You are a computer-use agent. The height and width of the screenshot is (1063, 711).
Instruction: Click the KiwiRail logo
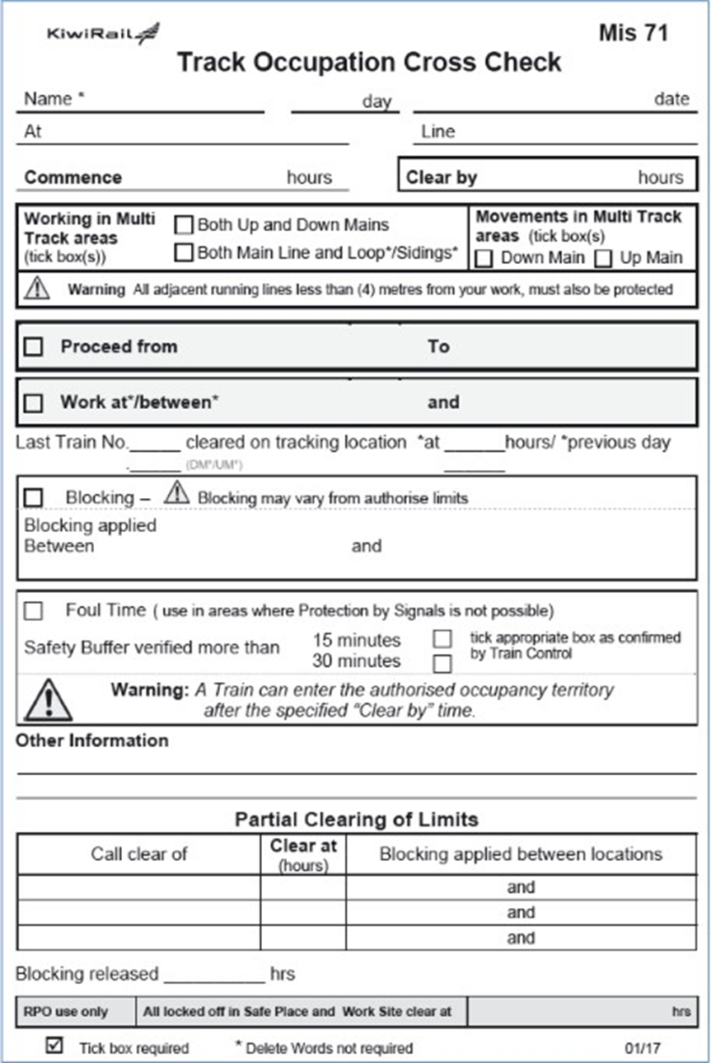click(103, 34)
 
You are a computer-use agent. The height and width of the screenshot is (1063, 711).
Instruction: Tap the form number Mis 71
click(633, 33)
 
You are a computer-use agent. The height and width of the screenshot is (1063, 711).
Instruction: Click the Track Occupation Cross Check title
click(369, 62)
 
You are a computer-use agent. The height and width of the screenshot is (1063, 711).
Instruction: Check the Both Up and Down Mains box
click(184, 224)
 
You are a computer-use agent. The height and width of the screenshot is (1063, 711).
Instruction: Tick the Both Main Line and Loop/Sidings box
click(184, 252)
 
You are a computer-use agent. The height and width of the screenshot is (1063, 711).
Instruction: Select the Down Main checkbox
click(484, 258)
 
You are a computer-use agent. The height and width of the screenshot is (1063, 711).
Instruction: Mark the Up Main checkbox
click(604, 258)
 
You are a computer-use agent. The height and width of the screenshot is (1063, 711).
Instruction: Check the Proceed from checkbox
click(33, 347)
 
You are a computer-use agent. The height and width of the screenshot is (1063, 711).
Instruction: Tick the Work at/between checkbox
click(33, 403)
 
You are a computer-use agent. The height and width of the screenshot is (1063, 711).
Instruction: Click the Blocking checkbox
click(33, 498)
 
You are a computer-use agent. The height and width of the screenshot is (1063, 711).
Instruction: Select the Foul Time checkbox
click(33, 611)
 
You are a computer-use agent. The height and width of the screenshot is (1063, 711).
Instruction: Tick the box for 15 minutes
click(443, 639)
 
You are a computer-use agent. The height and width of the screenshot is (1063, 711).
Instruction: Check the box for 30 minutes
click(443, 662)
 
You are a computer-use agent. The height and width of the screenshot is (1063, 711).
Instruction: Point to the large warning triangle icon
click(48, 700)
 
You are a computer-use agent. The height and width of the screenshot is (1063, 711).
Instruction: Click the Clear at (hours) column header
click(303, 854)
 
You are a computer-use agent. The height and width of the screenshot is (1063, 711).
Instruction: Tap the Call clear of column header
click(139, 854)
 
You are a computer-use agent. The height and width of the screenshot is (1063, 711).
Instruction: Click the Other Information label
click(91, 741)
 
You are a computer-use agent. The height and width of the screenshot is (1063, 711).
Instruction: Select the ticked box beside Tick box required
click(54, 1046)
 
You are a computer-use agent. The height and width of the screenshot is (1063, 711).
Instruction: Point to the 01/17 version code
click(643, 1048)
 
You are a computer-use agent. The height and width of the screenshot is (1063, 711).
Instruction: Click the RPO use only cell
click(66, 1012)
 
